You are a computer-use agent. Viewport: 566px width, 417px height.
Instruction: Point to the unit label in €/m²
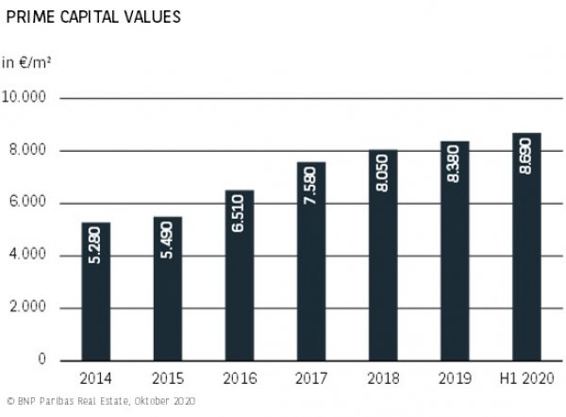[25, 63]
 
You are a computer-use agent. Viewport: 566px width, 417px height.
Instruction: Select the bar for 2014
[96, 292]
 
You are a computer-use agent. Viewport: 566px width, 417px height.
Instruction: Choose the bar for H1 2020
[525, 247]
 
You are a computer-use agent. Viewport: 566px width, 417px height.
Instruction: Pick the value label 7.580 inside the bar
[311, 190]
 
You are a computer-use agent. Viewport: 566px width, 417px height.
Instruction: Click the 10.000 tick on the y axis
[27, 98]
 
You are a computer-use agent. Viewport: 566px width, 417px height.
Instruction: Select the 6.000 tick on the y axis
[30, 203]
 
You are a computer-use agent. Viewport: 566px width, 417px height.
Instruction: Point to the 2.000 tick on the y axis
[30, 309]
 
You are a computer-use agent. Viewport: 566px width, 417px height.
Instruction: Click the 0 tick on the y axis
[43, 360]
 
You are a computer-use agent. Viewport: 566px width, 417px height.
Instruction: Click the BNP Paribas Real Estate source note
[99, 402]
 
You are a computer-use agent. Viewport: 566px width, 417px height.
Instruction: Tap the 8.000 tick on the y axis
[30, 151]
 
